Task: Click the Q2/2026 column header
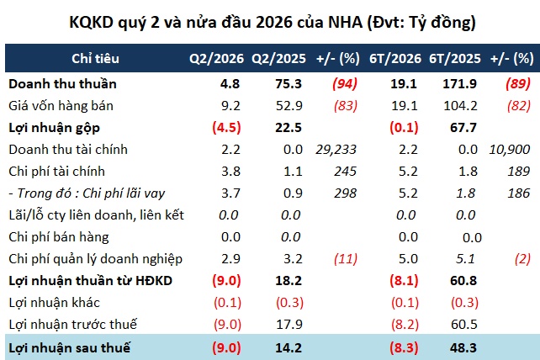(x=217, y=59)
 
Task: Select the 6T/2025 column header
(x=455, y=59)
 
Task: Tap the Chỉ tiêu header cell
(x=95, y=59)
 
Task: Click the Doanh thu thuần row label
(x=63, y=84)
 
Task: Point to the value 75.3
(x=289, y=84)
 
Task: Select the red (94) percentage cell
(x=345, y=84)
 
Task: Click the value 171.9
(x=460, y=84)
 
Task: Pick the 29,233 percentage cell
(x=336, y=150)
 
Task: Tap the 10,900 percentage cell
(x=510, y=150)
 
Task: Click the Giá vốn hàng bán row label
(x=61, y=106)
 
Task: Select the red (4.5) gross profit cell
(x=226, y=128)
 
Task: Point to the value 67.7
(x=463, y=128)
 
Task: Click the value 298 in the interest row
(x=346, y=193)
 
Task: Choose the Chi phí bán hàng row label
(x=59, y=237)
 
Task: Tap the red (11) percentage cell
(x=346, y=259)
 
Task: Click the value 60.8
(x=463, y=281)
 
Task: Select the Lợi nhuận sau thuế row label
(x=70, y=348)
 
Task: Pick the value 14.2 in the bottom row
(x=289, y=348)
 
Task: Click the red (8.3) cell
(x=404, y=348)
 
